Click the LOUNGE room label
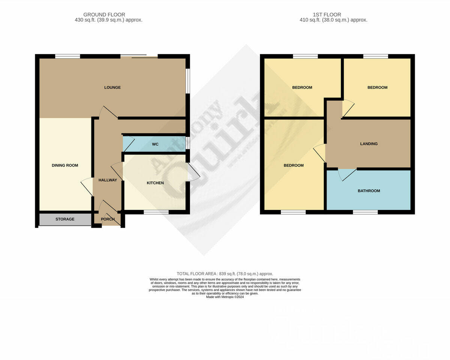[x=112, y=87]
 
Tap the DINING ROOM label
[x=65, y=165]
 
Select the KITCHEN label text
[x=155, y=183]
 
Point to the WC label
[x=155, y=144]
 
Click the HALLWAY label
[x=108, y=180]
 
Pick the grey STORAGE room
[x=65, y=219]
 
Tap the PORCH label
[x=108, y=219]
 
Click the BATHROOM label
[x=369, y=191]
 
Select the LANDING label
[x=369, y=144]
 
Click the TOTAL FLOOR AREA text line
[x=225, y=274]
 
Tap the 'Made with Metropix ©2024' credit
[x=225, y=297]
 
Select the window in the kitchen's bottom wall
[x=156, y=212]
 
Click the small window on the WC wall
[x=188, y=143]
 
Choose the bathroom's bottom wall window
[x=365, y=212]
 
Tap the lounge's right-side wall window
[x=188, y=80]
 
